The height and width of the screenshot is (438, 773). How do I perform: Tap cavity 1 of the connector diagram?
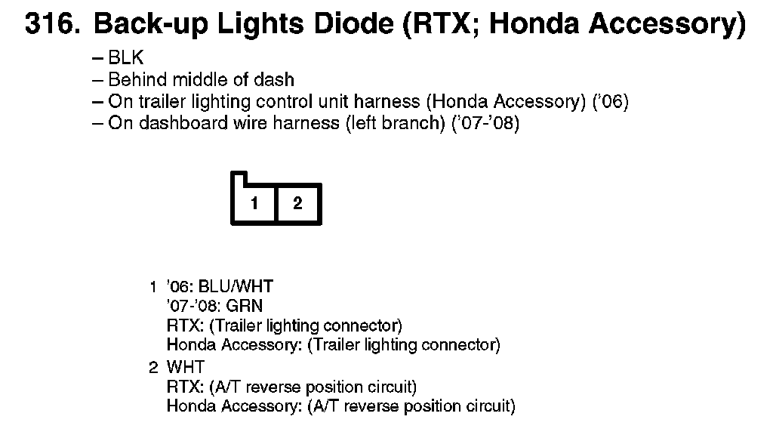[255, 202]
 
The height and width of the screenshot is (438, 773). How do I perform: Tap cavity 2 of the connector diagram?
[298, 202]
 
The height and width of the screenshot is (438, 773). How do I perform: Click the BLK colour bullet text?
[126, 58]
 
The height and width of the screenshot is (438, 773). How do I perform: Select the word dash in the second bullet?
[276, 79]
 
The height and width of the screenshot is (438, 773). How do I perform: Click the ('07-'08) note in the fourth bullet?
[485, 123]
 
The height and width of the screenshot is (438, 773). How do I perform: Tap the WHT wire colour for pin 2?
[184, 368]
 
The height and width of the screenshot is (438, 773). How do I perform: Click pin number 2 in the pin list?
[153, 368]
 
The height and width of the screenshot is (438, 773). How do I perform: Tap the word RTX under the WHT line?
[183, 387]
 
